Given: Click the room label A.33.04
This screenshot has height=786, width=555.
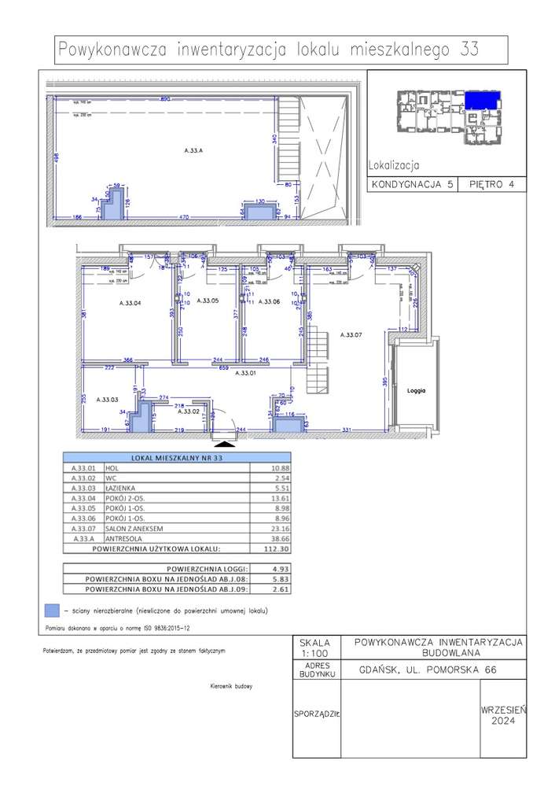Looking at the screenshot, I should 129,302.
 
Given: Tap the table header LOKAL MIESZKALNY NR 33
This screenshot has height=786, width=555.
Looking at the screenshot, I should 177,457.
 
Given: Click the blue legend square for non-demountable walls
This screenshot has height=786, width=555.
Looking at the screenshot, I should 52,610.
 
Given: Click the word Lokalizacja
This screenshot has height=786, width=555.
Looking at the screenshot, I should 393,166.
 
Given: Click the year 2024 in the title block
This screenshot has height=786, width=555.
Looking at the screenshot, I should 503,720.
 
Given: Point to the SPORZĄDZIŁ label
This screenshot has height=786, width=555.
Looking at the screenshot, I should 317,715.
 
